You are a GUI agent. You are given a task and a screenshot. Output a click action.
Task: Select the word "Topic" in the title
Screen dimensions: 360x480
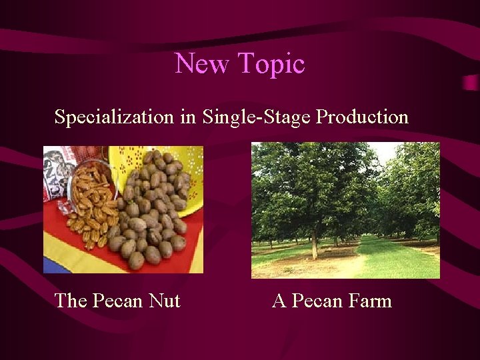pyautogui.click(x=271, y=64)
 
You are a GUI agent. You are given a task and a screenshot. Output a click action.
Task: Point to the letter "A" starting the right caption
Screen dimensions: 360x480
pyautogui.click(x=279, y=301)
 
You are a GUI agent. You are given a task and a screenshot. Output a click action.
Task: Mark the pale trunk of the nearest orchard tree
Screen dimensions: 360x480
pyautogui.click(x=313, y=245)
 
